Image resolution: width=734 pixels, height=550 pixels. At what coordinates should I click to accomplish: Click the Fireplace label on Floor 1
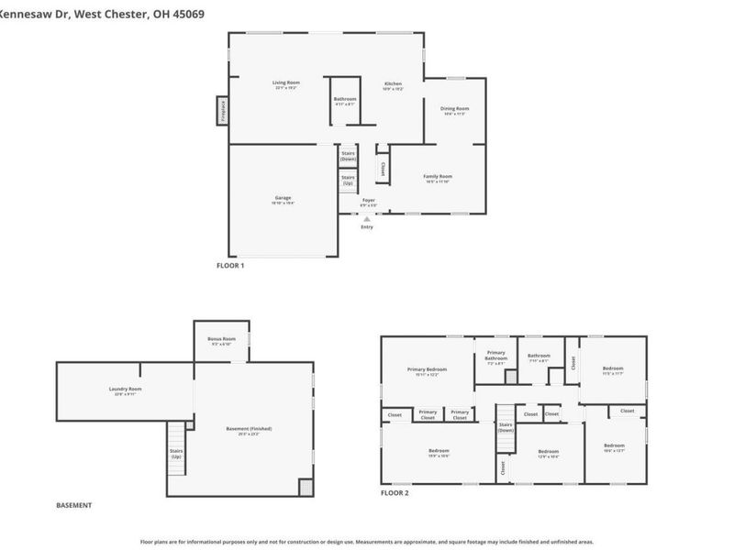tap(222, 110)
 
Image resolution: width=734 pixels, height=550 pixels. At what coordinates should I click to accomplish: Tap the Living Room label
tap(285, 84)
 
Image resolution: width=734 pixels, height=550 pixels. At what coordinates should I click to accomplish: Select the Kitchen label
tap(393, 85)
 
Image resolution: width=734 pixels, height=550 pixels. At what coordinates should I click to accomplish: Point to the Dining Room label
tap(454, 110)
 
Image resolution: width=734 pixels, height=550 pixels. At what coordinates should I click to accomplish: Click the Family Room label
tap(438, 178)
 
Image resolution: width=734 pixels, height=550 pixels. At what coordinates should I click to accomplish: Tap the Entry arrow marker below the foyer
tap(367, 220)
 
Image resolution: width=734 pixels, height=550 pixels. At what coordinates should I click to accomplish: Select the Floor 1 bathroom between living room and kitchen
tap(345, 100)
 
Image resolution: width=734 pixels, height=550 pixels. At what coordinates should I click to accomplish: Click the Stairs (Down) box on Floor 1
tap(348, 157)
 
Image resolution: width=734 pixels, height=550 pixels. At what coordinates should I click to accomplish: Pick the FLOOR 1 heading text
tap(229, 265)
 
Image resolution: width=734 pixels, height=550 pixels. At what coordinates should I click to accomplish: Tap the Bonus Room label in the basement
tap(221, 340)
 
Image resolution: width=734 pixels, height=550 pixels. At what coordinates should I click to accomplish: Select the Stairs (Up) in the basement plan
tap(176, 453)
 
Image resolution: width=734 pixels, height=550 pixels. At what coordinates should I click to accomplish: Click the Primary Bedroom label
tap(427, 370)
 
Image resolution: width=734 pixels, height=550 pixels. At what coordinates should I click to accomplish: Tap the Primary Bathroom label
tap(496, 357)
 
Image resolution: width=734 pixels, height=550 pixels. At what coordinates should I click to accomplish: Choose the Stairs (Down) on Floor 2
tap(506, 427)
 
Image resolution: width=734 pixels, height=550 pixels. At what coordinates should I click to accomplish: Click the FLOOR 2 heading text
tap(395, 493)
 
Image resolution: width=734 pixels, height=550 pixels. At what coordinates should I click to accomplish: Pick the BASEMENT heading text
tap(74, 505)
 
